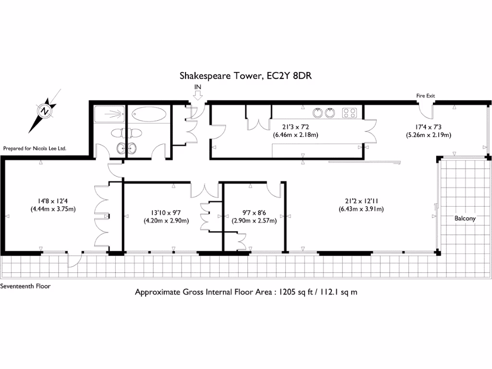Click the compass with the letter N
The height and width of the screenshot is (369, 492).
(x=45, y=111)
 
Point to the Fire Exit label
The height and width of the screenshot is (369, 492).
(x=425, y=96)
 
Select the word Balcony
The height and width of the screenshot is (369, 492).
(x=465, y=218)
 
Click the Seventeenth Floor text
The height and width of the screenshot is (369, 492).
(x=25, y=286)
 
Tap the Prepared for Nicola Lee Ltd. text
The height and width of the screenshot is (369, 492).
(x=34, y=149)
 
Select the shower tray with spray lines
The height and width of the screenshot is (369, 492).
(x=109, y=114)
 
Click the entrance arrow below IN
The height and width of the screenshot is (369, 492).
(x=197, y=96)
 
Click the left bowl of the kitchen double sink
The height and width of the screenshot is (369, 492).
(x=318, y=113)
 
